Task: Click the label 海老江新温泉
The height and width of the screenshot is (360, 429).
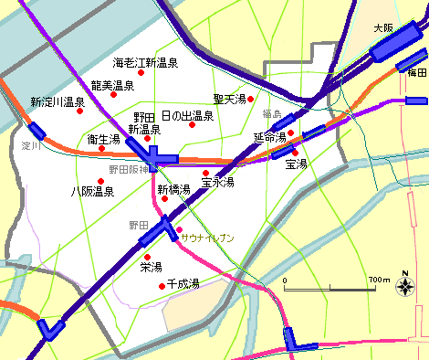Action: [x=145, y=64]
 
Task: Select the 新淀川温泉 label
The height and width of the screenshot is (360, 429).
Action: [x=57, y=101]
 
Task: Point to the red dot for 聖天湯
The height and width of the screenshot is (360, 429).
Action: [x=250, y=99]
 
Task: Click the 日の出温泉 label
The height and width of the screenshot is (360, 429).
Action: [x=187, y=116]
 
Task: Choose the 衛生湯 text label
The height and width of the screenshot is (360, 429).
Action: [x=103, y=140]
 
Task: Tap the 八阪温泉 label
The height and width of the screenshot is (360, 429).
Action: [x=92, y=192]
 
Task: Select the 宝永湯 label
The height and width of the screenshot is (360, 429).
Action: [x=218, y=183]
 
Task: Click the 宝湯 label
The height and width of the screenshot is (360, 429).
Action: [x=296, y=164]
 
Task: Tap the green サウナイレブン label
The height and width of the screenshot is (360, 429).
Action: [x=208, y=238]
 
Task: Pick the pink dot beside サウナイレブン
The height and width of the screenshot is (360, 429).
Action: [x=179, y=229]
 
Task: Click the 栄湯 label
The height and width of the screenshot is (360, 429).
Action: [x=151, y=268]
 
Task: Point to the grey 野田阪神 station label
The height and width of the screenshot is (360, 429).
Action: [x=129, y=169]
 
